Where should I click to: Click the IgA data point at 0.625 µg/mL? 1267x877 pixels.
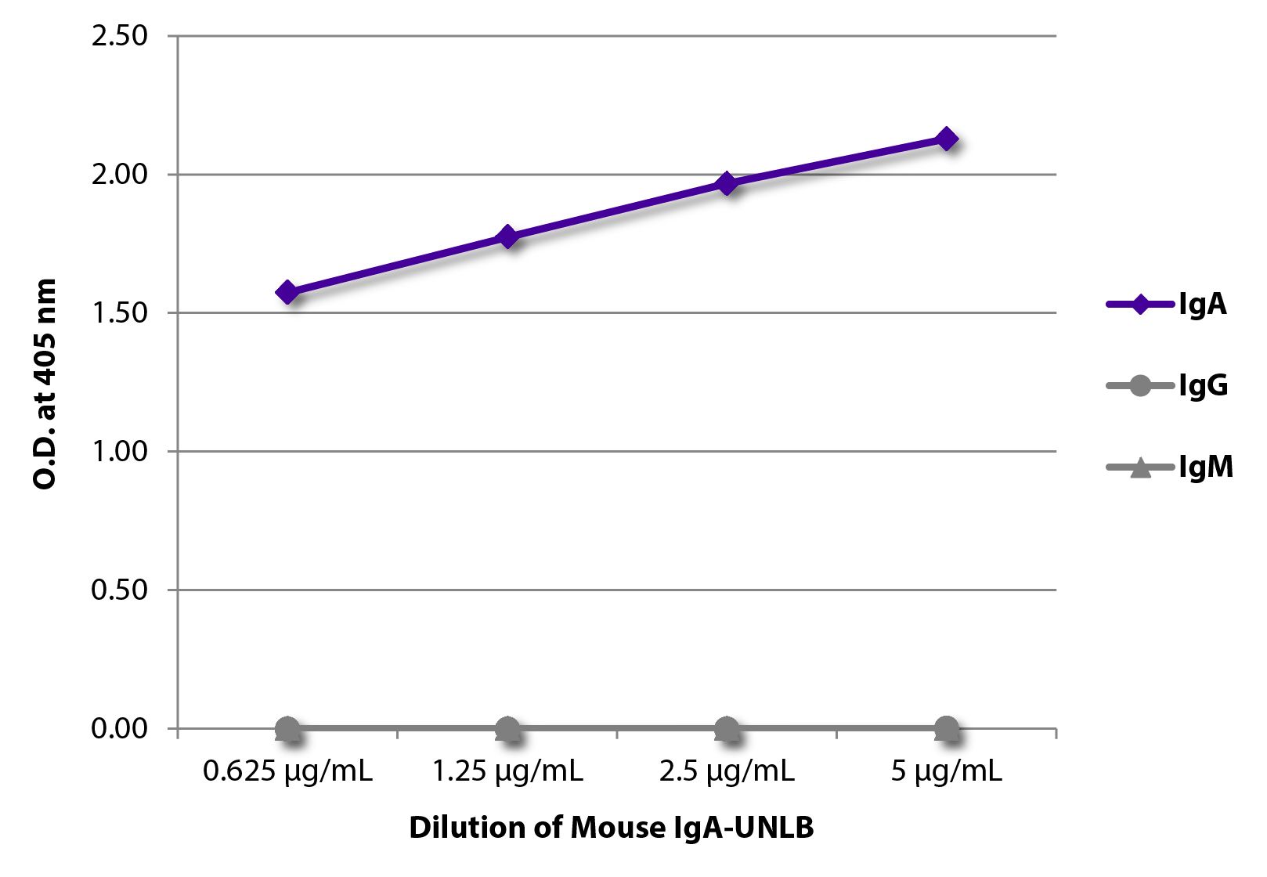click(287, 293)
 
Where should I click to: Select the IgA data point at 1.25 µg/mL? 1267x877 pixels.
click(507, 236)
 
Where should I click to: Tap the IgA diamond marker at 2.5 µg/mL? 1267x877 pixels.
click(727, 184)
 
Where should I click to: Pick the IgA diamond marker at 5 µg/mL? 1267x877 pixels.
click(946, 139)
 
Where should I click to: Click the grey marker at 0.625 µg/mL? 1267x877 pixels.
click(287, 729)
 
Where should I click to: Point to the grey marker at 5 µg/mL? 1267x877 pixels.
click(946, 729)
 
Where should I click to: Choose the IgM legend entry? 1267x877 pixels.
click(1169, 467)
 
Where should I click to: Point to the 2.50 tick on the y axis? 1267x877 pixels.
click(119, 36)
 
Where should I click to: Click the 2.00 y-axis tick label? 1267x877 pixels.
click(119, 175)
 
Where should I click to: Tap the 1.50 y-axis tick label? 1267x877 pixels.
click(119, 313)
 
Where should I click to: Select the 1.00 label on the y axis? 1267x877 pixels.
click(119, 452)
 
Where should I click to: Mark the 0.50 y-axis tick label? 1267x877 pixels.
click(119, 590)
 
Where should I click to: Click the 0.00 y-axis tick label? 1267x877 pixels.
click(119, 728)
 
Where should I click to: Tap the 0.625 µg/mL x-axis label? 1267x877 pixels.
click(287, 772)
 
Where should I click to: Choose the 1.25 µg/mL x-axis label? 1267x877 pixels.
click(507, 772)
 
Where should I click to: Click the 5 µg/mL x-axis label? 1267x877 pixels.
click(946, 772)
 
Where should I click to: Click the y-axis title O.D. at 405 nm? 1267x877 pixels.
click(45, 384)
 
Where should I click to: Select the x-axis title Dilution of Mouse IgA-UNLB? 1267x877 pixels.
click(611, 828)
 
